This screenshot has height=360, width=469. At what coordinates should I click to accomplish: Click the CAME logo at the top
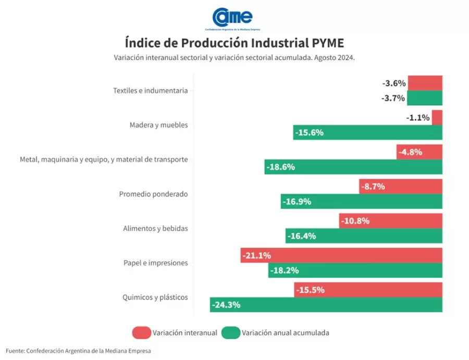coord(233,17)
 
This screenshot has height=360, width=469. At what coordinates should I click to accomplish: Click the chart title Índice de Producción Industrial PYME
coord(234,42)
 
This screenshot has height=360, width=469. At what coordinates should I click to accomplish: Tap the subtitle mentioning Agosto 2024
coord(234,58)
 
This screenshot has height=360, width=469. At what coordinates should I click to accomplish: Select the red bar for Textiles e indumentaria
coord(425,83)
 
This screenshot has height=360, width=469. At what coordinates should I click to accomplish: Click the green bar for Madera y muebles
coord(367,132)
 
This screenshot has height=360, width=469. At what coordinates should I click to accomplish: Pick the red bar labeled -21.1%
coord(341,255)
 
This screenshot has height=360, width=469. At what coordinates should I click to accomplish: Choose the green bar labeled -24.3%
coord(326,305)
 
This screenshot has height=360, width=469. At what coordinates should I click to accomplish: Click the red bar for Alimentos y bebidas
coord(390,221)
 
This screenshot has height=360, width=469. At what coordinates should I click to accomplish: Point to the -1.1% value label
coord(418,118)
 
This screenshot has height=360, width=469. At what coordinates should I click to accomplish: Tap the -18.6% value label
coord(281,167)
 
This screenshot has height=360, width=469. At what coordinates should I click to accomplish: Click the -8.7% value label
coord(373,187)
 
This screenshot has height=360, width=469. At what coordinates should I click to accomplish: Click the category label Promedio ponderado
coord(153,194)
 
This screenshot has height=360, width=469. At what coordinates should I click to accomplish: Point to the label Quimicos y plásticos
coord(155,297)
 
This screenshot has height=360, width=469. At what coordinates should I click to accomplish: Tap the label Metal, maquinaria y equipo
coord(104,159)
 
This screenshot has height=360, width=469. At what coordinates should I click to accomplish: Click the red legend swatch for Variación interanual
coord(141,332)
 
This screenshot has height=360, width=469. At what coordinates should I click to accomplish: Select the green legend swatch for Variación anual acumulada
coord(230,332)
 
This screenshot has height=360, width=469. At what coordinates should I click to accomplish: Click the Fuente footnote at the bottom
coord(78,351)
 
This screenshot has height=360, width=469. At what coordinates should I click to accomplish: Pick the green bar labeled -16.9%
coord(362,202)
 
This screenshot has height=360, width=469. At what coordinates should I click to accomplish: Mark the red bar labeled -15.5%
coord(368,290)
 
